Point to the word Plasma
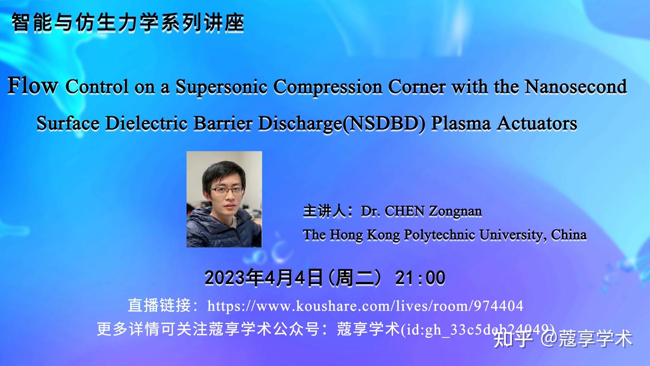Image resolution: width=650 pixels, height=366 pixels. click(x=460, y=123)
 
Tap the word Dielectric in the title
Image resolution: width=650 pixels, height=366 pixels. click(x=146, y=123)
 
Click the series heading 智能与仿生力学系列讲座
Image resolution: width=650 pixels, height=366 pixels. click(x=128, y=23)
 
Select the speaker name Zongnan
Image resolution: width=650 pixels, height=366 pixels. click(x=455, y=211)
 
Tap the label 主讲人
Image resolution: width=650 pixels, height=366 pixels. click(x=324, y=211)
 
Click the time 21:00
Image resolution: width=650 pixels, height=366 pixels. click(x=420, y=278)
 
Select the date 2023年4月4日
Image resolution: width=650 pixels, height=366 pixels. click(x=263, y=278)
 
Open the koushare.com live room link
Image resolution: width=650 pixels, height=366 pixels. click(x=365, y=306)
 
